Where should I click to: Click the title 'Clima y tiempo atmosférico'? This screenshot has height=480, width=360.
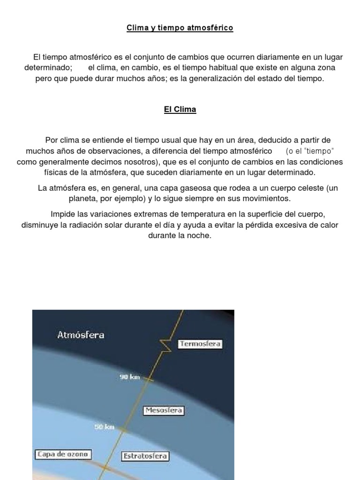point(180,28)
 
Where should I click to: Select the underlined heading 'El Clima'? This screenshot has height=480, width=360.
point(180,110)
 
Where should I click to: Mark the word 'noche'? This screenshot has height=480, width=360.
point(200,236)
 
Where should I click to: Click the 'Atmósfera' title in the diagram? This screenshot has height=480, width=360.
point(81,335)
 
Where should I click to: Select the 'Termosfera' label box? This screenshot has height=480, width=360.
point(200,344)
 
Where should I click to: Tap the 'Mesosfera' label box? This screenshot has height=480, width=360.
point(164,411)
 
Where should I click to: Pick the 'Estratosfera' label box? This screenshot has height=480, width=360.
point(145,456)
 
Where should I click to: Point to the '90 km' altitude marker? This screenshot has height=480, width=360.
point(130,377)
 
